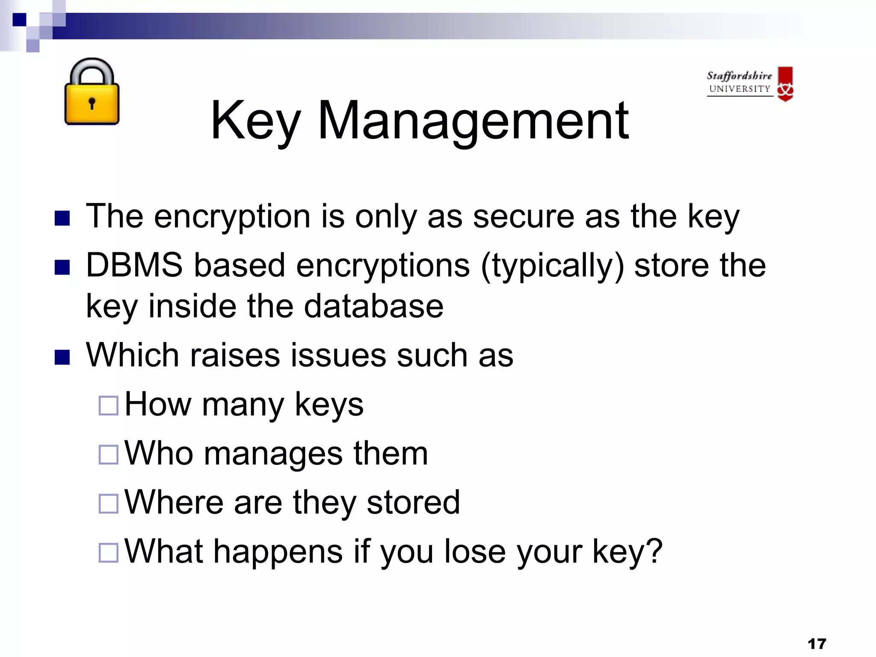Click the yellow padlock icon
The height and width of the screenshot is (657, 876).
[x=92, y=92]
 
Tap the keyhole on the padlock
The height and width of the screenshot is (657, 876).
[x=92, y=103]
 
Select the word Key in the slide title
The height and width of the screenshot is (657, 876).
[x=255, y=121]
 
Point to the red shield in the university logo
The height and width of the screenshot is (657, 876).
[x=785, y=83]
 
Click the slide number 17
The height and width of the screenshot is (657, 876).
[x=817, y=644]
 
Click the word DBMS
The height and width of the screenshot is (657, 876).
[x=134, y=265]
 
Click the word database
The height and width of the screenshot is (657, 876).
[x=373, y=306]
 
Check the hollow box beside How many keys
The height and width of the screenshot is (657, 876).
[x=108, y=405]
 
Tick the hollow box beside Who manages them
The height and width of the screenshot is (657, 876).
[x=108, y=454]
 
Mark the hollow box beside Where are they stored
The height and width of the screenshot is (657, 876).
[x=108, y=503]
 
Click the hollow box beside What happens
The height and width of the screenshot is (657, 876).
[x=108, y=552]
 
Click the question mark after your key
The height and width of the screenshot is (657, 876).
[x=654, y=551]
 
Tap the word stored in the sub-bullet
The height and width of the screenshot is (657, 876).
[x=413, y=502]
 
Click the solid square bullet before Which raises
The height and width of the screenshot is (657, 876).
[x=62, y=357]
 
